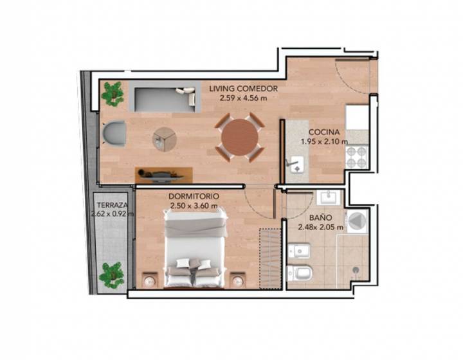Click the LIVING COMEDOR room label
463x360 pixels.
click(x=243, y=89)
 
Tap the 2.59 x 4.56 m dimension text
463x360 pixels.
click(x=243, y=98)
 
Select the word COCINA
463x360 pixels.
click(x=324, y=132)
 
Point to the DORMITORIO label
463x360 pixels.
click(x=194, y=196)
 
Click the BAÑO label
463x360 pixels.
click(x=320, y=218)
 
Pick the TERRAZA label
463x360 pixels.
click(x=113, y=205)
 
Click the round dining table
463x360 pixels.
click(x=240, y=137)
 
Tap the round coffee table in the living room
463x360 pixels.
click(x=165, y=139)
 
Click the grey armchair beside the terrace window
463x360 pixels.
click(x=114, y=133)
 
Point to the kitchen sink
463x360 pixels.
click(x=296, y=165)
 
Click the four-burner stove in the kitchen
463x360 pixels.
click(x=357, y=157)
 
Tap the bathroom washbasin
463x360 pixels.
click(x=328, y=197)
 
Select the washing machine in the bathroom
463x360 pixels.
click(x=357, y=221)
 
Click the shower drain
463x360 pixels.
click(x=356, y=269)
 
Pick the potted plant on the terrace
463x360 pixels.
click(x=111, y=275)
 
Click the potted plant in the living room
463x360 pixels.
click(x=113, y=94)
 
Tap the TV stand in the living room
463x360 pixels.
click(x=164, y=175)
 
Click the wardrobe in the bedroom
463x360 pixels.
click(x=269, y=258)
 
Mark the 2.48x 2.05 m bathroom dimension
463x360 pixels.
click(x=320, y=228)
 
